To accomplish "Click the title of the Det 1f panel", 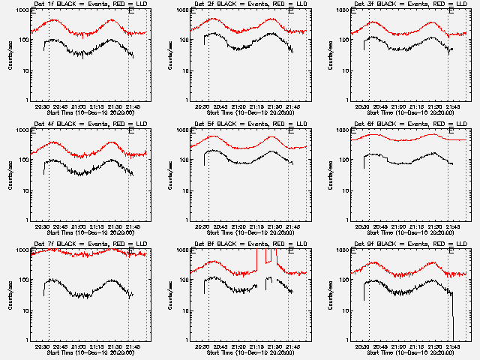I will [x=84, y=5].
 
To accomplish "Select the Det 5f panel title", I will [x=244, y=125].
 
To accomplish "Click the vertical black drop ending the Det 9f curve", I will [x=452, y=315].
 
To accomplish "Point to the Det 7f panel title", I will [x=84, y=245].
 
